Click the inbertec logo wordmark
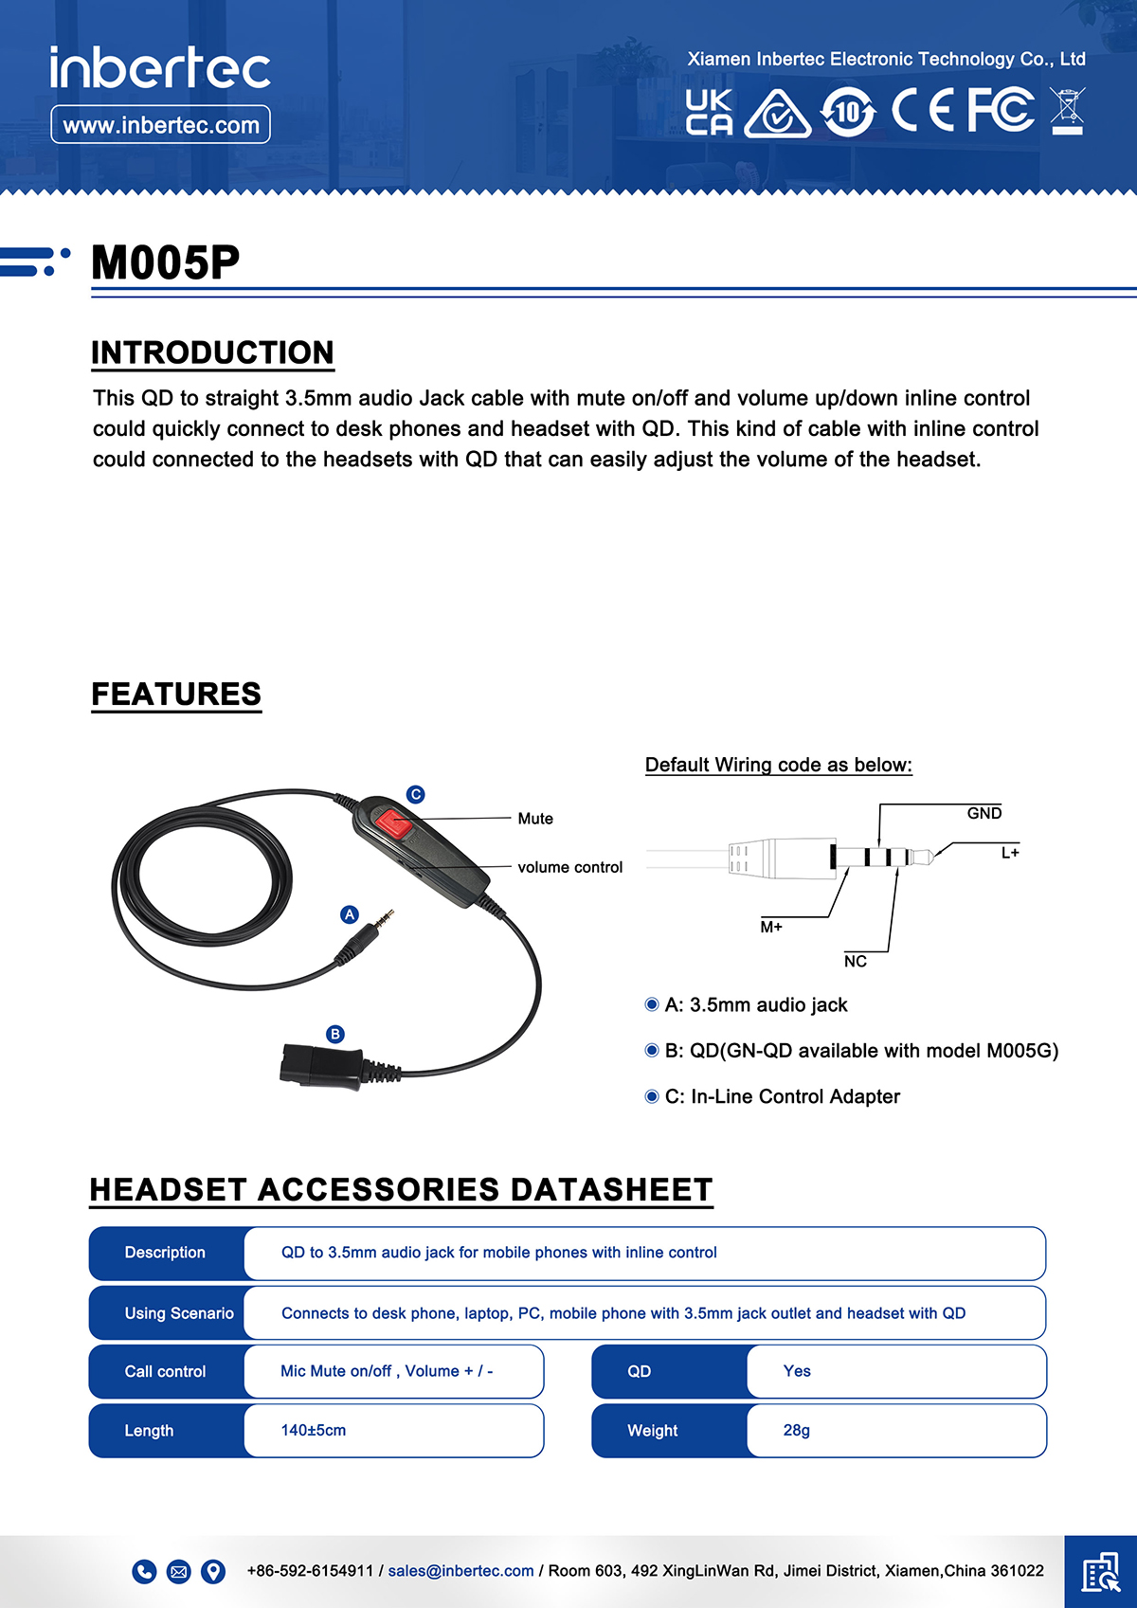pos(160,68)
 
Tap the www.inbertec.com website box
pos(160,125)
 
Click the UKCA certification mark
pos(709,113)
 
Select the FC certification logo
pos(1001,110)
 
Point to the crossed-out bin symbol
pos(1068,111)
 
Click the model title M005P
pos(166,263)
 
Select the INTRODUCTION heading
pos(212,352)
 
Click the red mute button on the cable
pos(392,822)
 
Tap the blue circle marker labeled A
pos(350,914)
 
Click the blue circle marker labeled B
pos(334,1034)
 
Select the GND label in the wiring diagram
pos(984,813)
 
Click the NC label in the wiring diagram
pos(855,961)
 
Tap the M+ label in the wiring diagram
pos(771,927)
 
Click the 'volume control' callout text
pos(569,867)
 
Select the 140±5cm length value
pos(314,1430)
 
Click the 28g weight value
pos(796,1430)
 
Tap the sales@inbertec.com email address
pos(460,1570)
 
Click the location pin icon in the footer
pos(214,1571)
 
